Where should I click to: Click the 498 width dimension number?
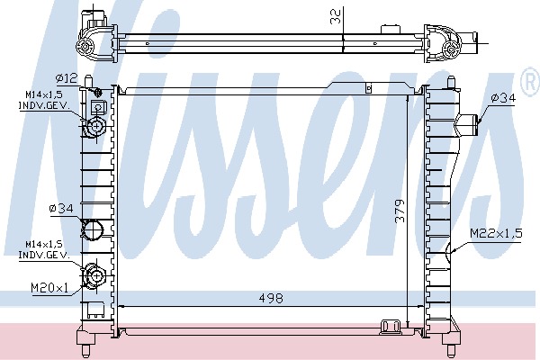(271, 298)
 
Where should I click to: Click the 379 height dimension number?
(400, 211)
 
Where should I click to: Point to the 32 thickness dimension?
(335, 16)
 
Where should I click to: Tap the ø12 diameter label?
(67, 78)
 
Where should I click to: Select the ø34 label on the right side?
(503, 98)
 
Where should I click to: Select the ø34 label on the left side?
(61, 209)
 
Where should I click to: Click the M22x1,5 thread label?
(496, 234)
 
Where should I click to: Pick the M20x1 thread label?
(49, 287)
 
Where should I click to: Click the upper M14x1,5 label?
(44, 94)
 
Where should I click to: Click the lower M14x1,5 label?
(44, 245)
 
